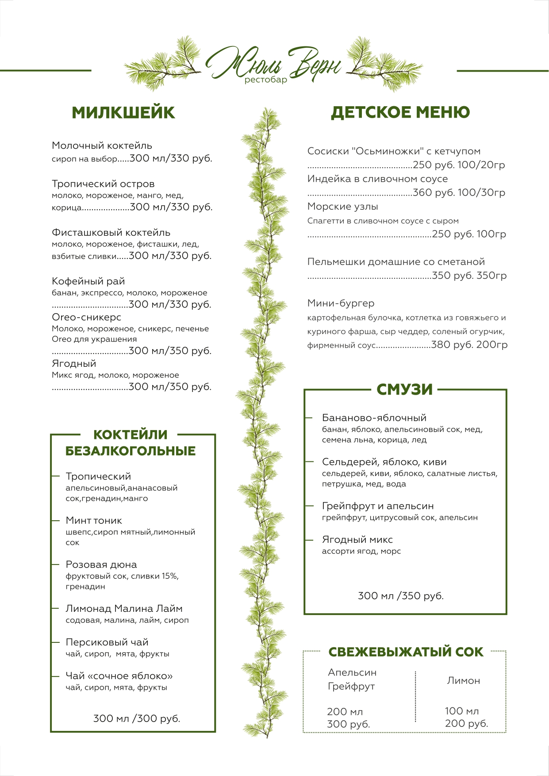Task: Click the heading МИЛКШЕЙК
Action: (123, 113)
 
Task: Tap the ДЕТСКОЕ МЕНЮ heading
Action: (400, 112)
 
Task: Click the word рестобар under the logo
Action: (265, 80)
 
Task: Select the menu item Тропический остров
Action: (103, 184)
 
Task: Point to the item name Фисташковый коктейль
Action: (111, 233)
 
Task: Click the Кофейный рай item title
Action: (88, 281)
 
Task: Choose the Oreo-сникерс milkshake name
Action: (86, 317)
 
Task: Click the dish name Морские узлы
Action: (343, 207)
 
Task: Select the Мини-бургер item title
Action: (341, 303)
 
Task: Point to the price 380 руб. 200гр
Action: (469, 345)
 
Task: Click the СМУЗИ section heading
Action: (404, 389)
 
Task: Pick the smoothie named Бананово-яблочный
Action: (374, 418)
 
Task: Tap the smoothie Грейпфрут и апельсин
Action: (377, 506)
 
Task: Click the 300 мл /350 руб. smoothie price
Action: (400, 596)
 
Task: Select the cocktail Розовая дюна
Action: (101, 565)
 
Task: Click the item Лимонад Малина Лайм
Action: (124, 609)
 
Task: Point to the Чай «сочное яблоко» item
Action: (119, 676)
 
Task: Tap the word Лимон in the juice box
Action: (463, 681)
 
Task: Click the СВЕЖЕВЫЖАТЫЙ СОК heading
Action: (406, 652)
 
